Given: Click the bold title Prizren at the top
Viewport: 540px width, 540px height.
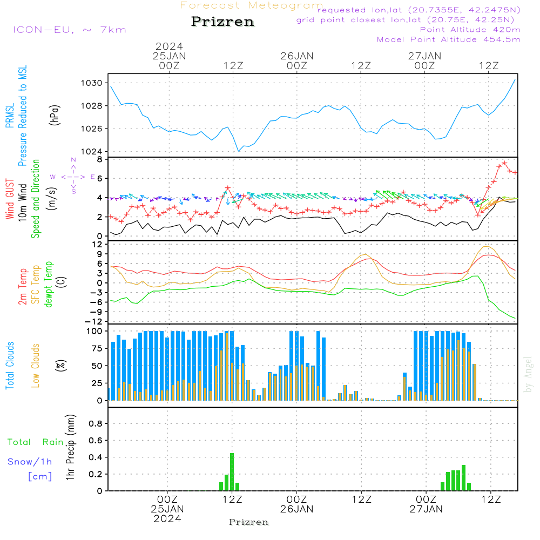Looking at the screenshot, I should click(x=222, y=22).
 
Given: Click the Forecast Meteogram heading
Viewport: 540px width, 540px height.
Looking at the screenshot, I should click(x=252, y=6).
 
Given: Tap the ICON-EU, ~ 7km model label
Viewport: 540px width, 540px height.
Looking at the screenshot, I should click(x=69, y=30).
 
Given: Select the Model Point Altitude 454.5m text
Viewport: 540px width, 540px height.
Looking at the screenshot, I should click(x=448, y=39).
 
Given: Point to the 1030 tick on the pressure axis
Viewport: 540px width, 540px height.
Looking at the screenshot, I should click(x=92, y=83).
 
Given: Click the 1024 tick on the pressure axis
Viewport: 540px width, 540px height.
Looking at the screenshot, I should click(x=92, y=151).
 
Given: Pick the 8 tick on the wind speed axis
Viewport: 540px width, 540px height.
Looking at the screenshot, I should click(x=99, y=159).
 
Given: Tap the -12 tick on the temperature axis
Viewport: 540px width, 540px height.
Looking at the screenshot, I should click(x=95, y=321).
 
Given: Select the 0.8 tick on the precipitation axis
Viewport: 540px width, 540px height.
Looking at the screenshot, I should click(x=96, y=423).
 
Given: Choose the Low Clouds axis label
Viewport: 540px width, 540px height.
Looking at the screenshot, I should click(x=36, y=365).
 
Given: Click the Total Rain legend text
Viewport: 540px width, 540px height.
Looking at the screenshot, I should click(x=35, y=442).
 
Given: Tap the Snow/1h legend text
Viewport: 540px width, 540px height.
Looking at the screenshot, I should click(x=30, y=462).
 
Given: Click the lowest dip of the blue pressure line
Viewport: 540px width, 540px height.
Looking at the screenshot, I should click(x=238, y=151).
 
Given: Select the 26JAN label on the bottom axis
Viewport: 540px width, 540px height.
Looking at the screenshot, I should click(x=296, y=509).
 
